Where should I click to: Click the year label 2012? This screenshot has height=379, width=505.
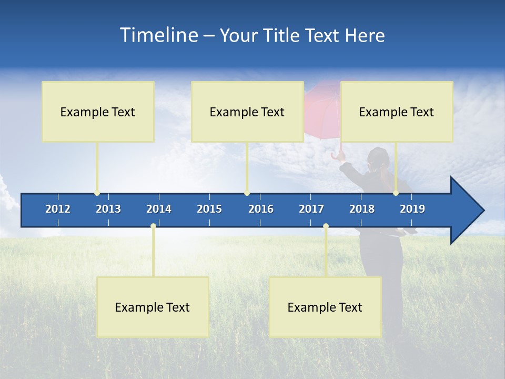[58, 209]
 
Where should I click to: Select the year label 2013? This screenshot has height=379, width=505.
[108, 209]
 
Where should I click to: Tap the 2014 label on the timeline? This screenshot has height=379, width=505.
[159, 209]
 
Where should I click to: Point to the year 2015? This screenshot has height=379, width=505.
[209, 209]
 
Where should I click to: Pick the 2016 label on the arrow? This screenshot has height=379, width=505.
[261, 209]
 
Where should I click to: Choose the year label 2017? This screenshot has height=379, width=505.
[311, 209]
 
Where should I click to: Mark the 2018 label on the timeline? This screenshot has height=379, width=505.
[362, 209]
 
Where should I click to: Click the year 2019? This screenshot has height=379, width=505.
[412, 209]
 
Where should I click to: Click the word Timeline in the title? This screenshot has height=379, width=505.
[158, 35]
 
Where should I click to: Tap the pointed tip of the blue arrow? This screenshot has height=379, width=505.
[482, 211]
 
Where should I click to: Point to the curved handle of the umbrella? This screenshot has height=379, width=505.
[335, 156]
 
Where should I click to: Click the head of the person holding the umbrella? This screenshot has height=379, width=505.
[378, 157]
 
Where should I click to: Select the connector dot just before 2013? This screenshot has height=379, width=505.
[97, 193]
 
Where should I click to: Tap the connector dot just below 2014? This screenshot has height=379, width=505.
[153, 226]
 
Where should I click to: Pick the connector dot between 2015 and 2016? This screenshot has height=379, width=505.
[247, 193]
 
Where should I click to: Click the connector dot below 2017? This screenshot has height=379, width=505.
[326, 226]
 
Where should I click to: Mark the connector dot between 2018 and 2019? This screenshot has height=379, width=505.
[396, 193]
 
